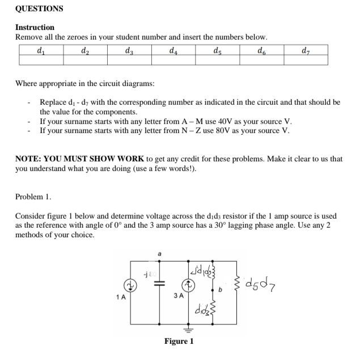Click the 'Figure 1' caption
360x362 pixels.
point(179,341)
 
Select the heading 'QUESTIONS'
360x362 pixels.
point(39,8)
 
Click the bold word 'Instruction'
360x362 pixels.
point(35,27)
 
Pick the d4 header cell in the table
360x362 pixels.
point(172,49)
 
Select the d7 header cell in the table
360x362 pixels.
point(306,49)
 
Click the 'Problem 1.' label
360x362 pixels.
point(33,197)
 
